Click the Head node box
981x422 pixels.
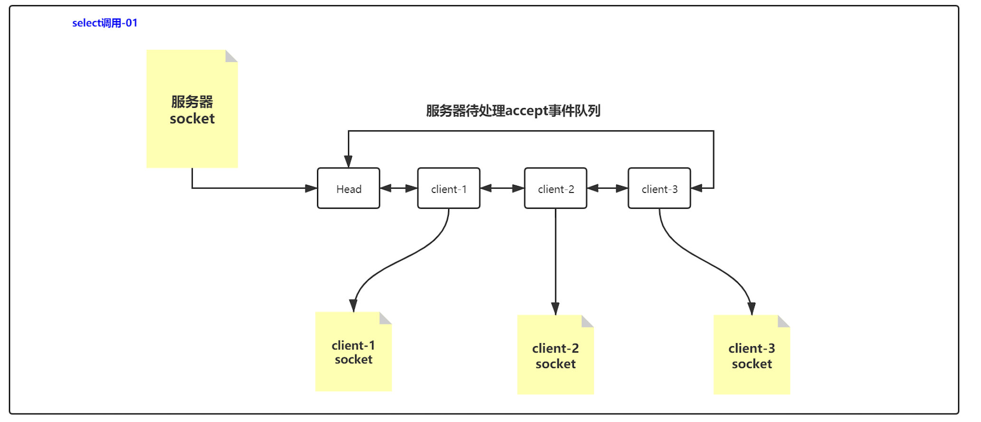tap(349, 188)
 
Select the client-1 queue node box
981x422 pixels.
tap(449, 188)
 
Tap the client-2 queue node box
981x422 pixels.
tap(556, 188)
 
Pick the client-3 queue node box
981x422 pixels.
tap(659, 188)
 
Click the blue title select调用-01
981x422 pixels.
tap(104, 23)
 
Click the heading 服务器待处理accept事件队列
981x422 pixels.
tap(513, 110)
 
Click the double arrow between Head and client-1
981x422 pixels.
tap(399, 188)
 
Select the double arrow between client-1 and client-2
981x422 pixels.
tap(502, 188)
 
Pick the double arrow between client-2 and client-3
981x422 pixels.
tap(607, 188)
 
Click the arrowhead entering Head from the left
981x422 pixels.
tap(311, 188)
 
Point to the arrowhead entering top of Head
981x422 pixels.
tap(349, 162)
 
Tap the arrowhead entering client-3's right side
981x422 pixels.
tap(697, 188)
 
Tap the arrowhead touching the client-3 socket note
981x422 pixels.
tap(751, 309)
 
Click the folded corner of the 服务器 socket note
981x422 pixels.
tap(231, 56)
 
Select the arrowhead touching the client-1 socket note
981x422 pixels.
tap(354, 305)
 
